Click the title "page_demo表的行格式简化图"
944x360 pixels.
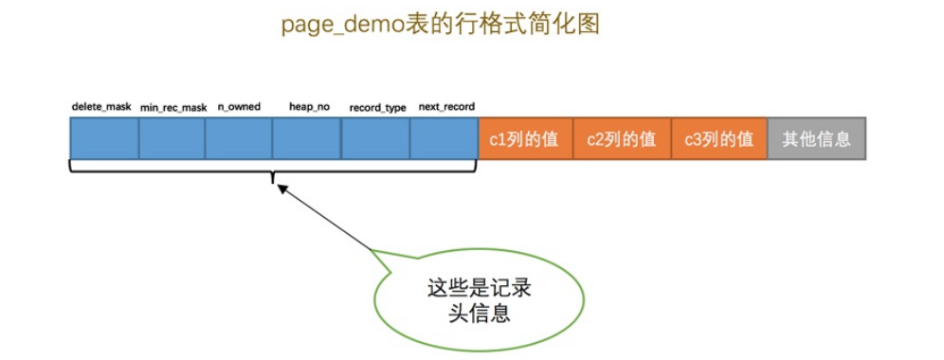pyautogui.click(x=440, y=25)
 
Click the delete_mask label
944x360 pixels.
pyautogui.click(x=100, y=106)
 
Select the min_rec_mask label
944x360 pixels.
pyautogui.click(x=173, y=107)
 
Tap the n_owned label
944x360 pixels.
pyautogui.click(x=238, y=106)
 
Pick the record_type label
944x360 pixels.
pyautogui.click(x=377, y=107)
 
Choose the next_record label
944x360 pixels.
pyautogui.click(x=446, y=106)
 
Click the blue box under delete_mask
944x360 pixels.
pyautogui.click(x=104, y=139)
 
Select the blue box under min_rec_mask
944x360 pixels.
pyautogui.click(x=172, y=139)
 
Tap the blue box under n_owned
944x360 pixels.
pyautogui.click(x=239, y=139)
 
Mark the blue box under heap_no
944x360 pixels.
pyautogui.click(x=306, y=139)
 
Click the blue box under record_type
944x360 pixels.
pyautogui.click(x=375, y=139)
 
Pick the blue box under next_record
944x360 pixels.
pyautogui.click(x=444, y=139)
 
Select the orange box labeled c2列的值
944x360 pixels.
pyautogui.click(x=622, y=139)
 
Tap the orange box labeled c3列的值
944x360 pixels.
pyautogui.click(x=719, y=139)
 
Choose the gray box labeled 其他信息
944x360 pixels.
pyautogui.click(x=817, y=139)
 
